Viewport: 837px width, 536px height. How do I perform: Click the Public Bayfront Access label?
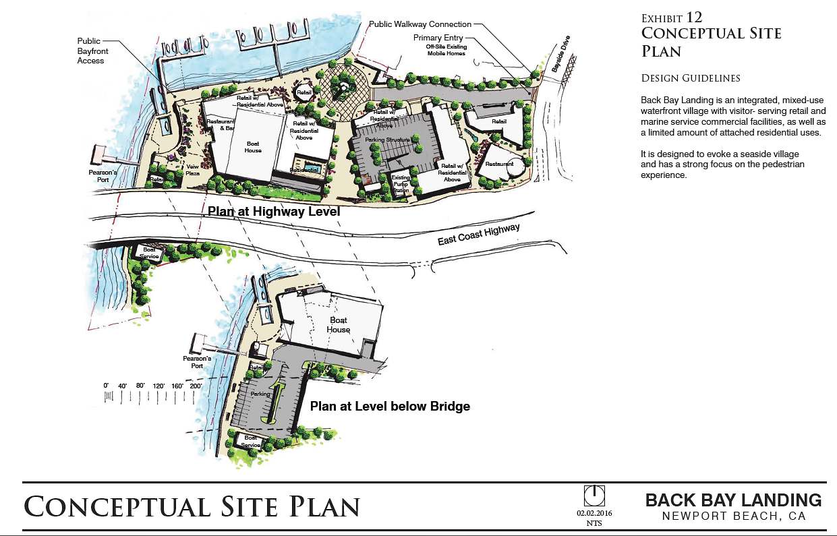click(93, 51)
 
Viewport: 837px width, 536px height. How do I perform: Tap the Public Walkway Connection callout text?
click(420, 24)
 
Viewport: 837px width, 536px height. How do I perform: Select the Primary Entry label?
click(438, 38)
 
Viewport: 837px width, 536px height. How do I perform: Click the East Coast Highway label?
click(479, 235)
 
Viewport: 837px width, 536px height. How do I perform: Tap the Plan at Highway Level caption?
click(273, 212)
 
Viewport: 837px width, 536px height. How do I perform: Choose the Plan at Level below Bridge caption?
click(390, 407)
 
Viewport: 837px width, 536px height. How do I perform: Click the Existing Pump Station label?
click(401, 183)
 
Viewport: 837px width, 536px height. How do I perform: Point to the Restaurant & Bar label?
click(221, 125)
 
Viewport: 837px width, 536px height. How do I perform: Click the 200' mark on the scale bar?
click(196, 386)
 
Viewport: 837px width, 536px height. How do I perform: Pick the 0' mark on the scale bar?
click(106, 386)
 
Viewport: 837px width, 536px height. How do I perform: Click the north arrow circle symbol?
click(594, 496)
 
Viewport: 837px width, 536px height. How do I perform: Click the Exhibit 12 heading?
click(672, 18)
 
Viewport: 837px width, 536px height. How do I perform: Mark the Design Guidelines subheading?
click(691, 79)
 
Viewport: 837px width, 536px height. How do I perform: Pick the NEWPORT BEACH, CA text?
click(734, 517)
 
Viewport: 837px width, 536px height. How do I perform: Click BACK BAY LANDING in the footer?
click(734, 500)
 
